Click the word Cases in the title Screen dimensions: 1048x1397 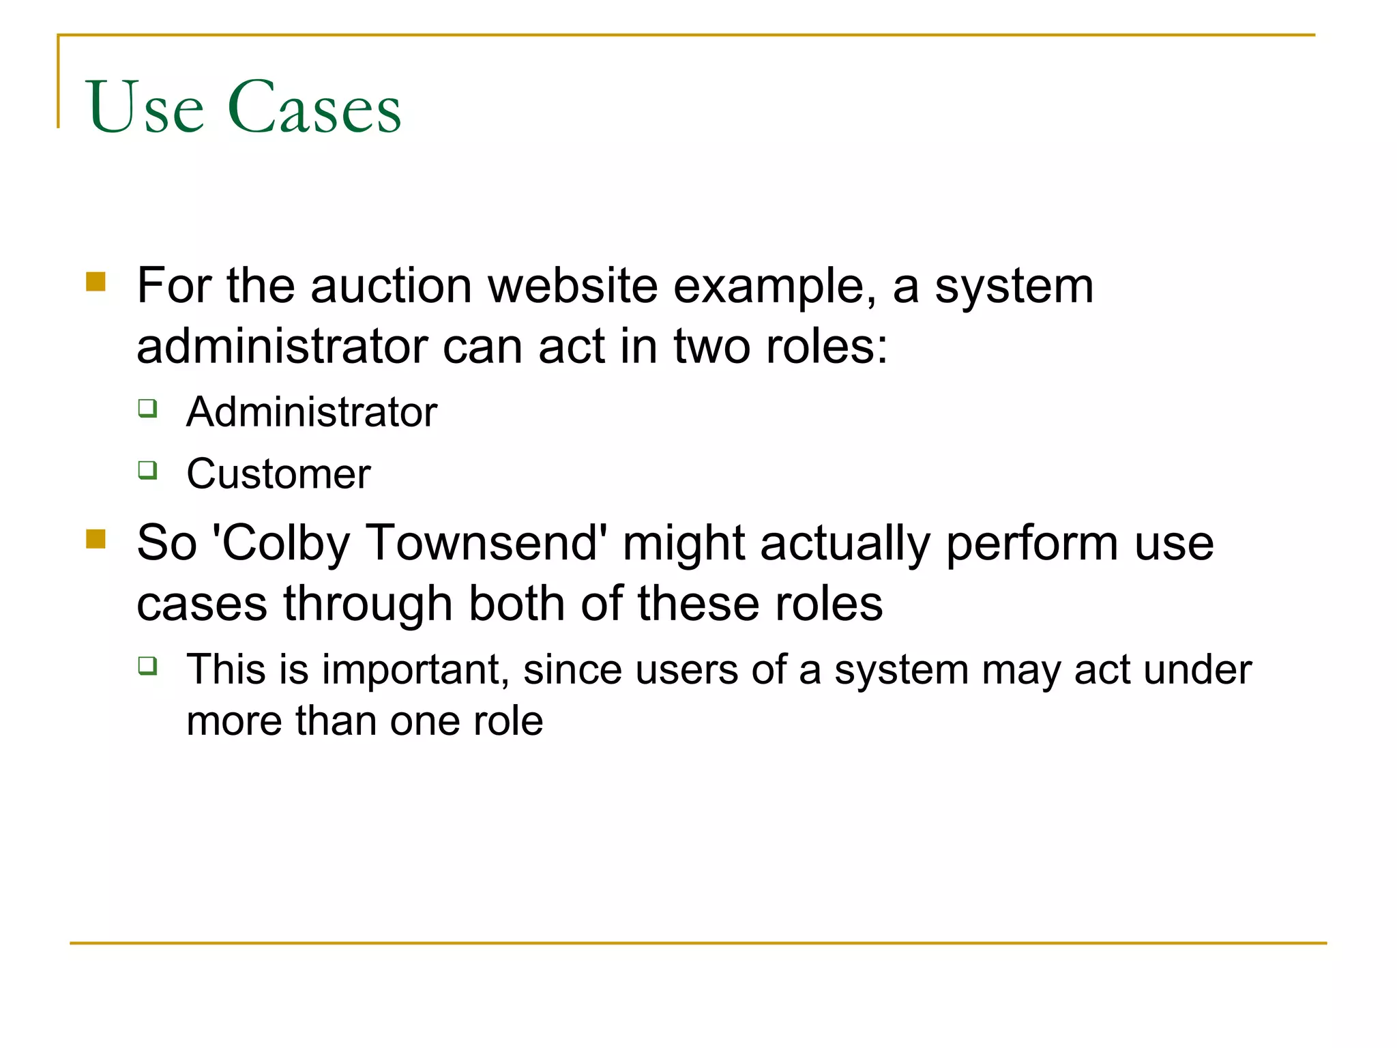click(314, 108)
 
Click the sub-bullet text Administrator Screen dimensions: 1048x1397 click(311, 412)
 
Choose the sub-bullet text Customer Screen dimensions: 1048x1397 click(278, 474)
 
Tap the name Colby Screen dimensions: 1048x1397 click(284, 544)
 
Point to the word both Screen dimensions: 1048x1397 click(516, 604)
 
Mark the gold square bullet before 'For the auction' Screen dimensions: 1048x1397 click(96, 282)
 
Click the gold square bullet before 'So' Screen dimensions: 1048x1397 click(96, 540)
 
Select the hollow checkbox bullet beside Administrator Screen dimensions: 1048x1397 click(147, 408)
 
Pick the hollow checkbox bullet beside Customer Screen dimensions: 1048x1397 click(147, 469)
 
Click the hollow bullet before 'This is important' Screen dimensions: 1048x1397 click(147, 665)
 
